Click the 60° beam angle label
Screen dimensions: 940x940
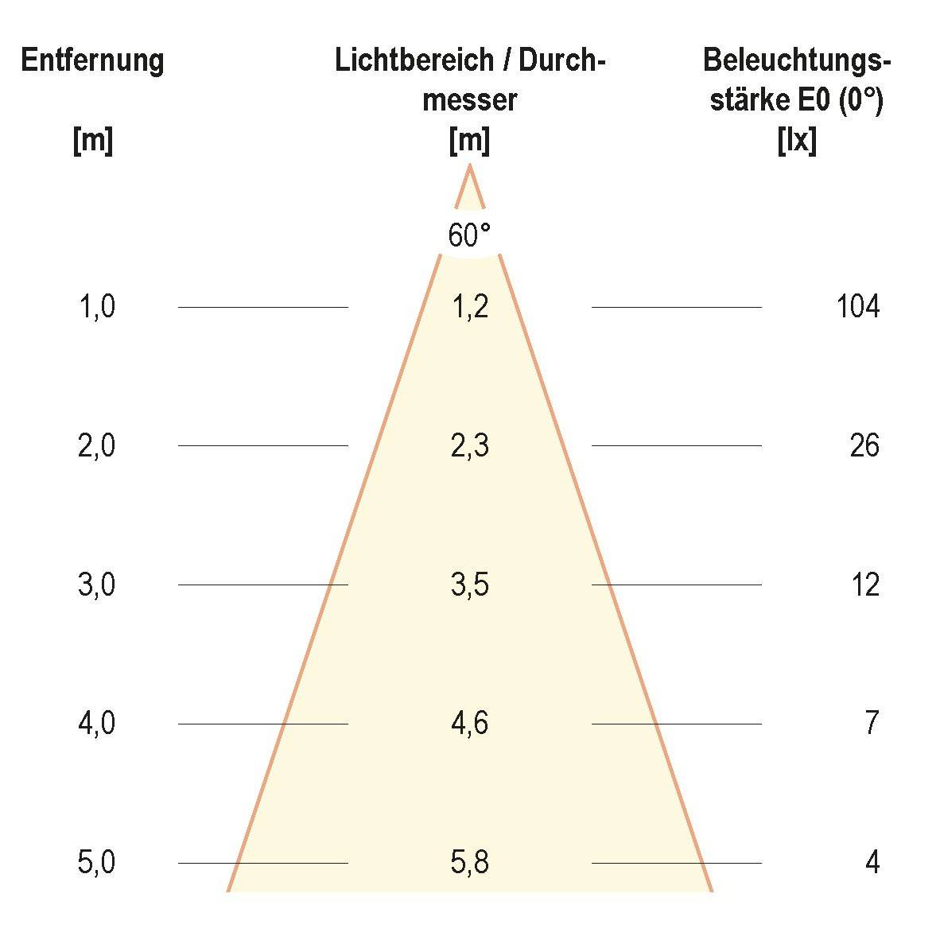[x=469, y=236]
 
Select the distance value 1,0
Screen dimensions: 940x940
[x=96, y=306]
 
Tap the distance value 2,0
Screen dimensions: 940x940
[x=96, y=445]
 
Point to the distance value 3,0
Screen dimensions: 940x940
[x=96, y=585]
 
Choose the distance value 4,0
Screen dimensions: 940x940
[x=96, y=724]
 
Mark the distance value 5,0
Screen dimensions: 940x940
[x=96, y=862]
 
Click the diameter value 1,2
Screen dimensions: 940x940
[x=469, y=306]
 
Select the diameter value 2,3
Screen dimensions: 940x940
[x=469, y=445]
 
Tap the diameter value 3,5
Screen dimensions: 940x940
[x=469, y=585]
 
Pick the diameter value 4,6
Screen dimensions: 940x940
[x=469, y=724]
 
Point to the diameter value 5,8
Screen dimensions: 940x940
[x=469, y=862]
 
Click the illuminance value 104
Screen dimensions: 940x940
[x=858, y=306]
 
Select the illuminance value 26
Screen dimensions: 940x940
[x=864, y=445]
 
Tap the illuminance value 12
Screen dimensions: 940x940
[x=865, y=585]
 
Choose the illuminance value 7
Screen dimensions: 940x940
[x=872, y=724]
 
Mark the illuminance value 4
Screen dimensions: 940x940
[x=872, y=862]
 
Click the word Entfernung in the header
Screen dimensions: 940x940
[x=92, y=60]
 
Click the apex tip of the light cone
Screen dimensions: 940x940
[x=470, y=166]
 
